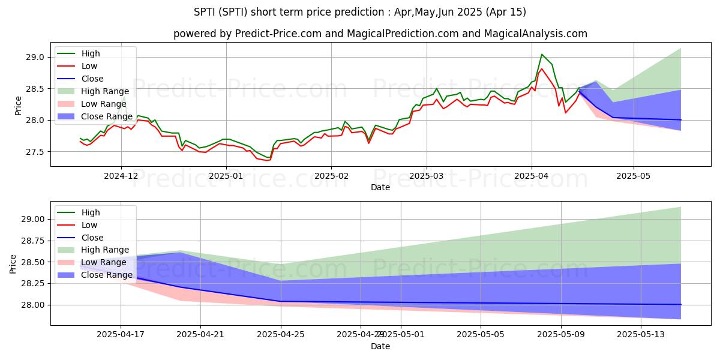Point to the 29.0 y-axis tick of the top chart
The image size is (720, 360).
(x=34, y=57)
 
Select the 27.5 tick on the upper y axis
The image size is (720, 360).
(x=34, y=152)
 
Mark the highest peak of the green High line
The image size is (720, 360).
(x=542, y=55)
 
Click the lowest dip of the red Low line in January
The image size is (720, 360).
(x=268, y=160)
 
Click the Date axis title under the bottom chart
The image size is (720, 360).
(x=380, y=347)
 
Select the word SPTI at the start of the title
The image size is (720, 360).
(x=206, y=12)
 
